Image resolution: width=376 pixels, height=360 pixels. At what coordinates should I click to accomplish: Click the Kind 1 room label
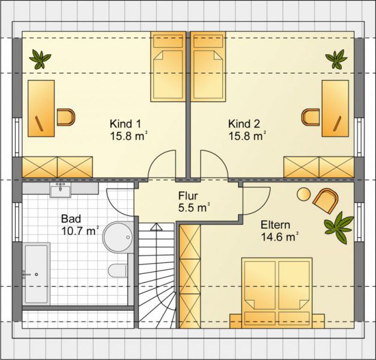pos(125,124)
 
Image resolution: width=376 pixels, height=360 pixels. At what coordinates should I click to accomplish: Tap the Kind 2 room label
pos(244,124)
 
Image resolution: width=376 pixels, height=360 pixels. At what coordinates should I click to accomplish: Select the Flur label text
pos(188,196)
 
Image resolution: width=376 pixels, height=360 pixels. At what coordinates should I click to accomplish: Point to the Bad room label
pos(71,219)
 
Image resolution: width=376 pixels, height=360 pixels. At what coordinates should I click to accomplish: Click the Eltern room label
pos(275,225)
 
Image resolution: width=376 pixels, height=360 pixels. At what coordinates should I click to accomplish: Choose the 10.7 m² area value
pos(80,231)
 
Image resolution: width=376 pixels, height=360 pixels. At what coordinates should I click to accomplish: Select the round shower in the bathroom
pos(118,237)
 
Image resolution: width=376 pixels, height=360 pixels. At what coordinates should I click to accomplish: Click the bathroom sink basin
pos(60,190)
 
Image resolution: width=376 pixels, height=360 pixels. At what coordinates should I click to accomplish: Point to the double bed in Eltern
pos(277,293)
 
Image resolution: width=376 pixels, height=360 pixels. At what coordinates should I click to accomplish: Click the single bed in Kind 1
pos(168,67)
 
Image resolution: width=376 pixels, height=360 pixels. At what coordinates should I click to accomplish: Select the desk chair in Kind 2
pos(311,117)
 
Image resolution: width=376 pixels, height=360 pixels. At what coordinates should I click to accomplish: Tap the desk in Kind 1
pos(41,109)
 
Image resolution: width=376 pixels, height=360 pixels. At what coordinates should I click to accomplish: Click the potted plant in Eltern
pos(338,227)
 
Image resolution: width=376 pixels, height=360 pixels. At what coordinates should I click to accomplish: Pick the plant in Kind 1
pos(40,59)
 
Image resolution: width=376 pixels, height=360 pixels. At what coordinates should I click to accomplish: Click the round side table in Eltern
pos(303,194)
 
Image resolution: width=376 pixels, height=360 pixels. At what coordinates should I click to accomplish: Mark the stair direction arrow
pos(156,227)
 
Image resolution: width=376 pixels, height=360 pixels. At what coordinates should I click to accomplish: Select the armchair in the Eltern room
pos(326,200)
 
